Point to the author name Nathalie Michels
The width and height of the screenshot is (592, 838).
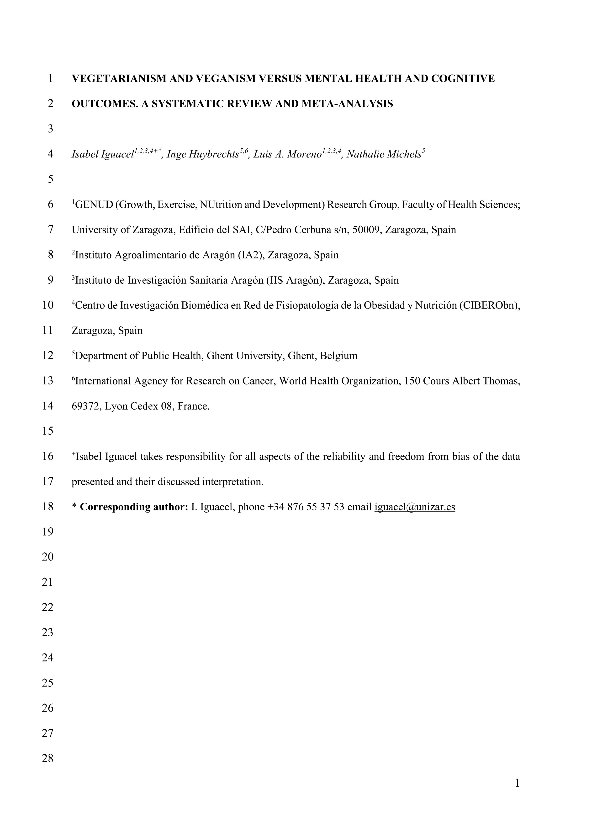coord(384,154)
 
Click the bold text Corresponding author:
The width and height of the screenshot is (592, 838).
coord(134,507)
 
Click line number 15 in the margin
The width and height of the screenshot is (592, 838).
coord(48,431)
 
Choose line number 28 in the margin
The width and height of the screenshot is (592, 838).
coord(48,758)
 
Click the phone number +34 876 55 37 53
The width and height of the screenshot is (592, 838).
coord(306,507)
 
